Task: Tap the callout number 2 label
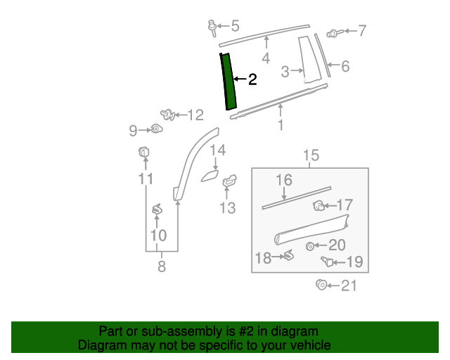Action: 252,80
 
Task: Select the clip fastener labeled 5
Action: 210,27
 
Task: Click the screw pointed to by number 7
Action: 333,32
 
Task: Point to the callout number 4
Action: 266,58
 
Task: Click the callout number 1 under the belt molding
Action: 281,126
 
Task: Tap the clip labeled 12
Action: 167,114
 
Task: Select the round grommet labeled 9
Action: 156,129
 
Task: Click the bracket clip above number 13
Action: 229,183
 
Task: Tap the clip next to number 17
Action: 319,206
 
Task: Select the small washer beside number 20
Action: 310,245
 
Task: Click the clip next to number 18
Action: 288,257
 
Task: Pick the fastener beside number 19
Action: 326,262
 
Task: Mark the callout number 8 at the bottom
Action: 162,266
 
